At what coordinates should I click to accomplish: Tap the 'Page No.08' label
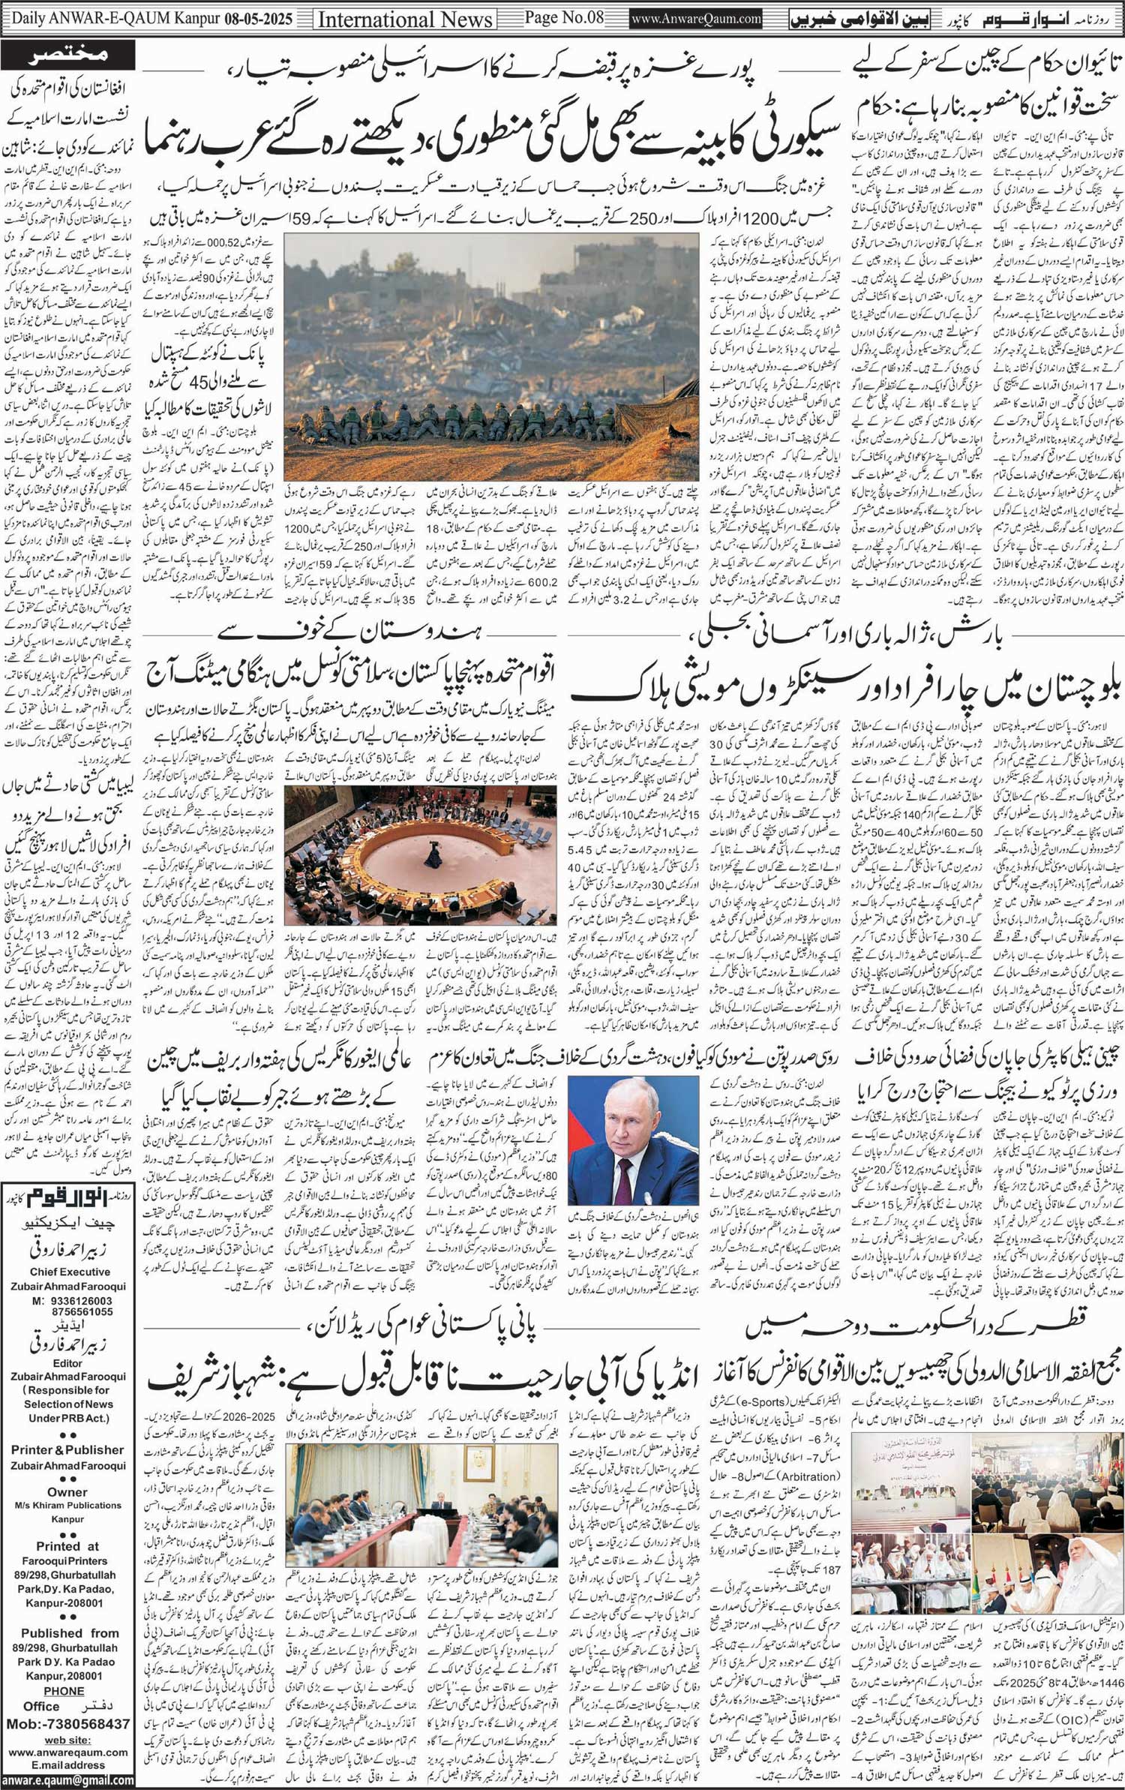pyautogui.click(x=563, y=17)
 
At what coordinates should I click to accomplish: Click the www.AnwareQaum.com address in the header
pyautogui.click(x=696, y=19)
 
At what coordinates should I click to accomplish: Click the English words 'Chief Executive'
pyautogui.click(x=70, y=1271)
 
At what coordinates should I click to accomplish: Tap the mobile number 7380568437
pyautogui.click(x=82, y=1723)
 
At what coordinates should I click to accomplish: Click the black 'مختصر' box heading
pyautogui.click(x=70, y=54)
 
